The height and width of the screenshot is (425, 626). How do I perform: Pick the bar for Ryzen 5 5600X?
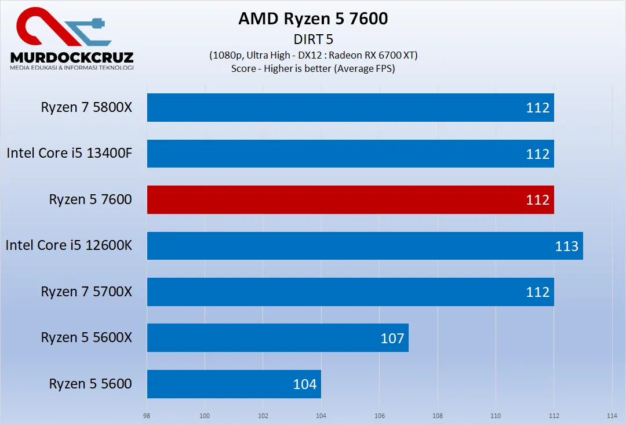pos(278,337)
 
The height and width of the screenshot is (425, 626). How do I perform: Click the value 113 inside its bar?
pos(566,246)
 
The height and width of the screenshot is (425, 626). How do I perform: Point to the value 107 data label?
pos(392,338)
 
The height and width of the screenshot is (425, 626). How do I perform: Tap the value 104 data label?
pos(305,384)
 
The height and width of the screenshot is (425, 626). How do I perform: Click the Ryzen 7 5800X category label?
pos(86,107)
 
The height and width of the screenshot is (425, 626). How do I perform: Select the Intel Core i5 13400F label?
pos(70,154)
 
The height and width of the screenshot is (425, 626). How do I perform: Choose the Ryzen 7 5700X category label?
pos(86,292)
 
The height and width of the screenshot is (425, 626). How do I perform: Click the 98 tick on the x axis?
pos(147,416)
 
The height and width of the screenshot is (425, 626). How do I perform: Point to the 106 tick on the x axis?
pos(379,416)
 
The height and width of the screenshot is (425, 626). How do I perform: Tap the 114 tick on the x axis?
pos(612,416)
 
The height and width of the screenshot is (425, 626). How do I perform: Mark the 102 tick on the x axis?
pos(263,416)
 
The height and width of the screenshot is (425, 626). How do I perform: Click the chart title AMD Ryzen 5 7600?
pos(313,19)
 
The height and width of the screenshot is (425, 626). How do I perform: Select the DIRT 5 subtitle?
pos(313,39)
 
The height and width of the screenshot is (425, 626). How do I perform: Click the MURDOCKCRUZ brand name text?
pos(72,57)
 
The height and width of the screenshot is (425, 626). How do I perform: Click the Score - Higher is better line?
pos(313,68)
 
